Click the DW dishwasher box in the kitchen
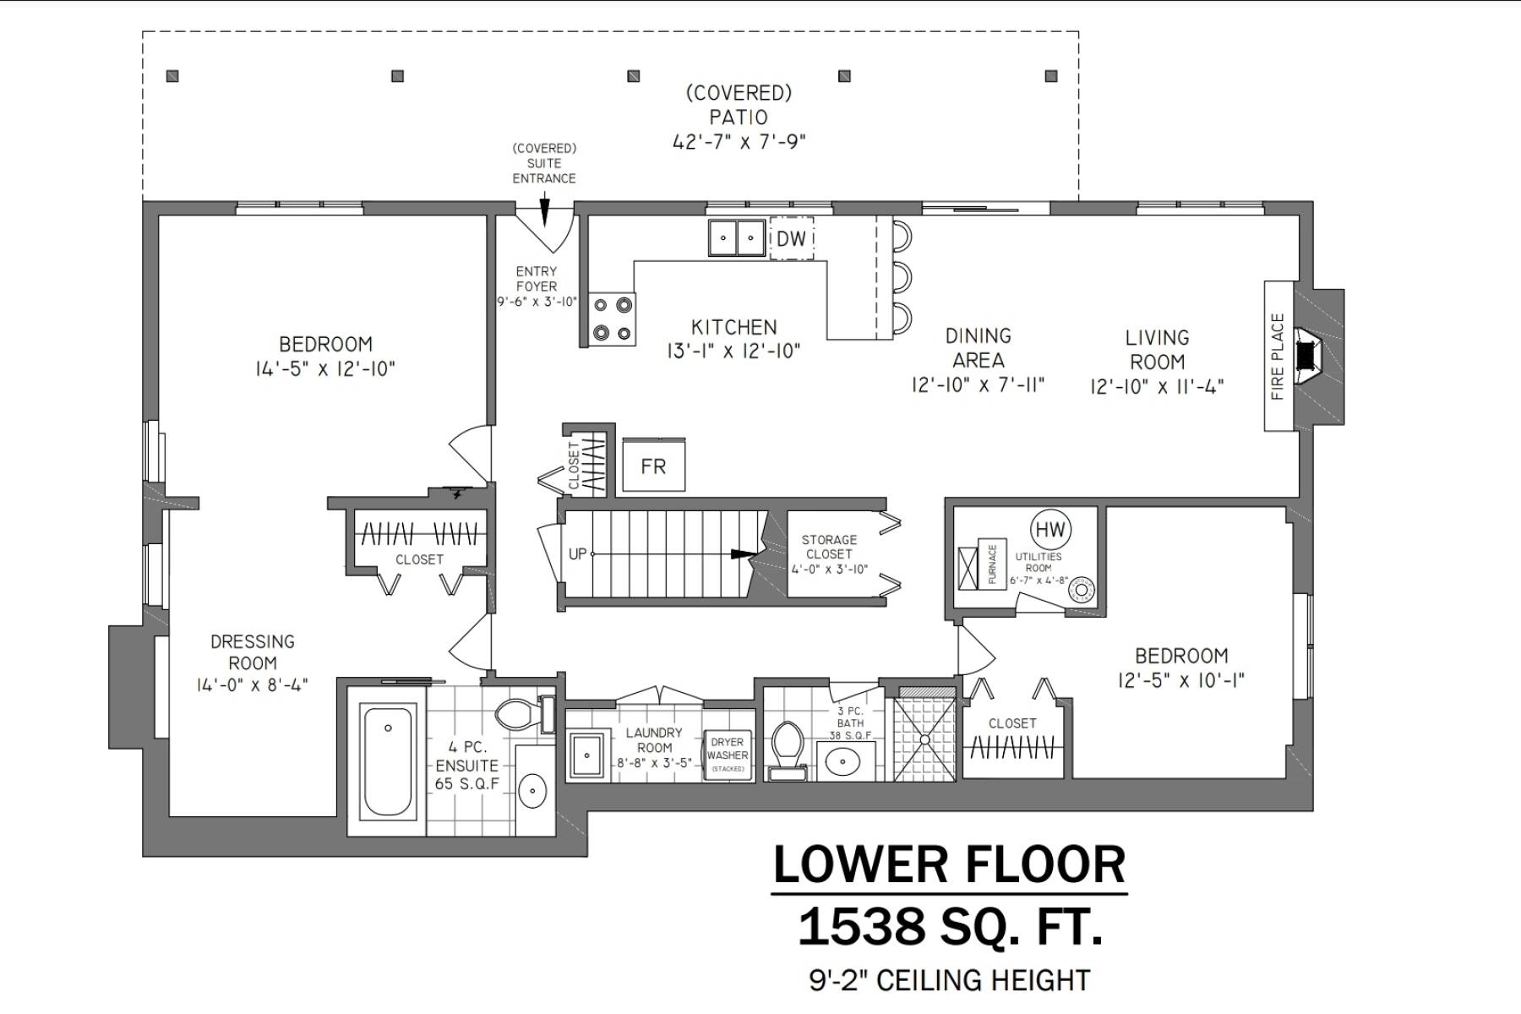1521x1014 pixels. coord(792,238)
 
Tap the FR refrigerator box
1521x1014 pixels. coord(653,466)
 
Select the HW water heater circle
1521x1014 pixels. coord(1050,531)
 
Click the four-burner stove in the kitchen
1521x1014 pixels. coord(612,319)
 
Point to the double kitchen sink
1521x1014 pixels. coord(736,237)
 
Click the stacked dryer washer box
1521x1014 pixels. coord(728,755)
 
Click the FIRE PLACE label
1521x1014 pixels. coord(1277,356)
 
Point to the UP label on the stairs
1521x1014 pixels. coord(578,554)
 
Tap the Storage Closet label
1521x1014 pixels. coord(829,547)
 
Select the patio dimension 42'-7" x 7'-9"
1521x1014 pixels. coord(739,142)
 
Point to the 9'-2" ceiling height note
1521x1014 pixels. coord(950,980)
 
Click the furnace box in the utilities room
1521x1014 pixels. coord(992,564)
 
